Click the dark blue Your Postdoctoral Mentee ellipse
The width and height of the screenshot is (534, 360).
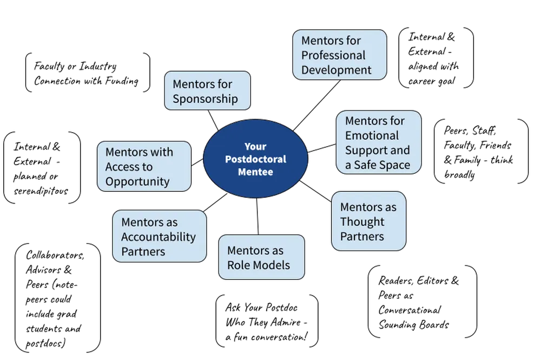255,159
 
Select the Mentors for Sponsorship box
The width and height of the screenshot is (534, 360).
207,91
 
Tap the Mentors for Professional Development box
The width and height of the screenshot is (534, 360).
340,55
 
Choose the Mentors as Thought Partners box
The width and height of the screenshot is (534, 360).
368,221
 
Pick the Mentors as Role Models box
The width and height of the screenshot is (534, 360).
261,257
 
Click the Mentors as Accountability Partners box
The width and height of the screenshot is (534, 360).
160,237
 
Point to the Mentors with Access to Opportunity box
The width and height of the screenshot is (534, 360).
144,166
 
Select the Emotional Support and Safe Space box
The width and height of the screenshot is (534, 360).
378,142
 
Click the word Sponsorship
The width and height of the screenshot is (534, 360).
205,99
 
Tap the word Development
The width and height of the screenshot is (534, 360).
337,70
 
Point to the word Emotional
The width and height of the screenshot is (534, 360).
372,135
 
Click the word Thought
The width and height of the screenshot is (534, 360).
362,222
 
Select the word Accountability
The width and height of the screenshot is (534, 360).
159,237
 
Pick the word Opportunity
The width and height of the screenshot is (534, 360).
137,181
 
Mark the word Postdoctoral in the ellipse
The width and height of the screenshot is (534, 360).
255,159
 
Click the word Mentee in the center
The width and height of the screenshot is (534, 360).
255,172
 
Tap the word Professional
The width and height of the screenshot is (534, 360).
333,55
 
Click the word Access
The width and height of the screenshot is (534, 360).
121,167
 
